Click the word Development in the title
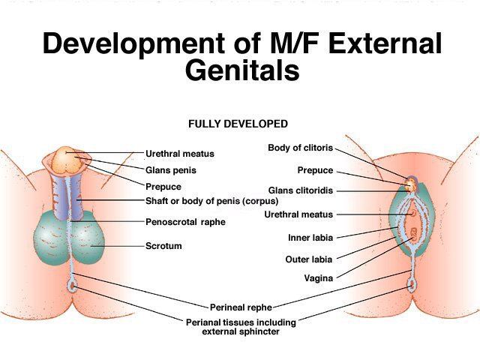[134, 43]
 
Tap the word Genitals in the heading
[242, 70]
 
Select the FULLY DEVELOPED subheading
[238, 124]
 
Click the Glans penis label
[171, 170]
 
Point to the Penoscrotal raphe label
[185, 222]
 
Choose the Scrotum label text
[163, 246]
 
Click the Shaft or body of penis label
[211, 201]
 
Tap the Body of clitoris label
[300, 148]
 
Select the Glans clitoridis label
[301, 190]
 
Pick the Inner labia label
[310, 238]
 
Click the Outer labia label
[309, 259]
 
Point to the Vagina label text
[318, 278]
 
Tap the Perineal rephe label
[241, 307]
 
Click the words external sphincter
[241, 331]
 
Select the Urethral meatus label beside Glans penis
[180, 154]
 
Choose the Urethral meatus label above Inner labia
[298, 214]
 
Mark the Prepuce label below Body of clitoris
[315, 170]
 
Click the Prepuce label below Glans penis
[163, 187]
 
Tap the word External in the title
[385, 43]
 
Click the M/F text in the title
[295, 43]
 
